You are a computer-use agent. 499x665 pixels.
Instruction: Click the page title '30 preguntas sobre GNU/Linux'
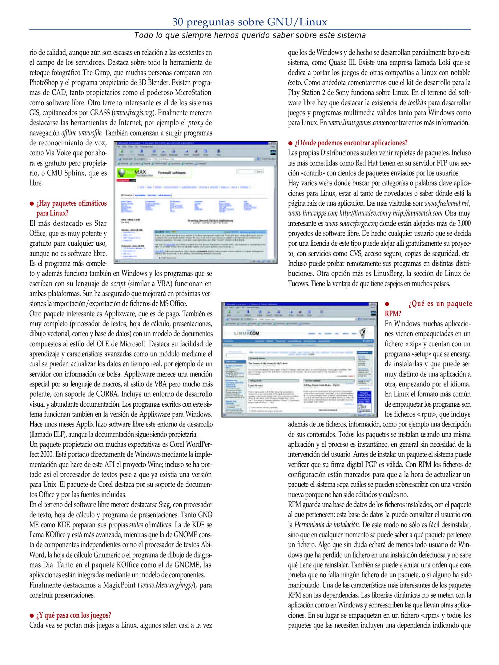pyautogui.click(x=249, y=22)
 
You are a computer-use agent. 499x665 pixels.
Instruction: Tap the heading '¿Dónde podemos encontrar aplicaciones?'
pyautogui.click(x=351, y=143)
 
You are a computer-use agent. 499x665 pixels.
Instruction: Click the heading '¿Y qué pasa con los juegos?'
pyautogui.click(x=74, y=615)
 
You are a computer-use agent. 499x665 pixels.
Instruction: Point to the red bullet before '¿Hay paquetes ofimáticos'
pyautogui.click(x=31, y=204)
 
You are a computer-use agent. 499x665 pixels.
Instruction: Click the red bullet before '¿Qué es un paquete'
pyautogui.click(x=387, y=304)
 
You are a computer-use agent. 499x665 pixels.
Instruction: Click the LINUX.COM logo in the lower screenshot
pyautogui.click(x=246, y=333)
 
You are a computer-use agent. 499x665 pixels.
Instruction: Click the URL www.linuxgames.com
pyautogui.click(x=355, y=123)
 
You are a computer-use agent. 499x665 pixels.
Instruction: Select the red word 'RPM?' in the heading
pyautogui.click(x=393, y=314)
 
